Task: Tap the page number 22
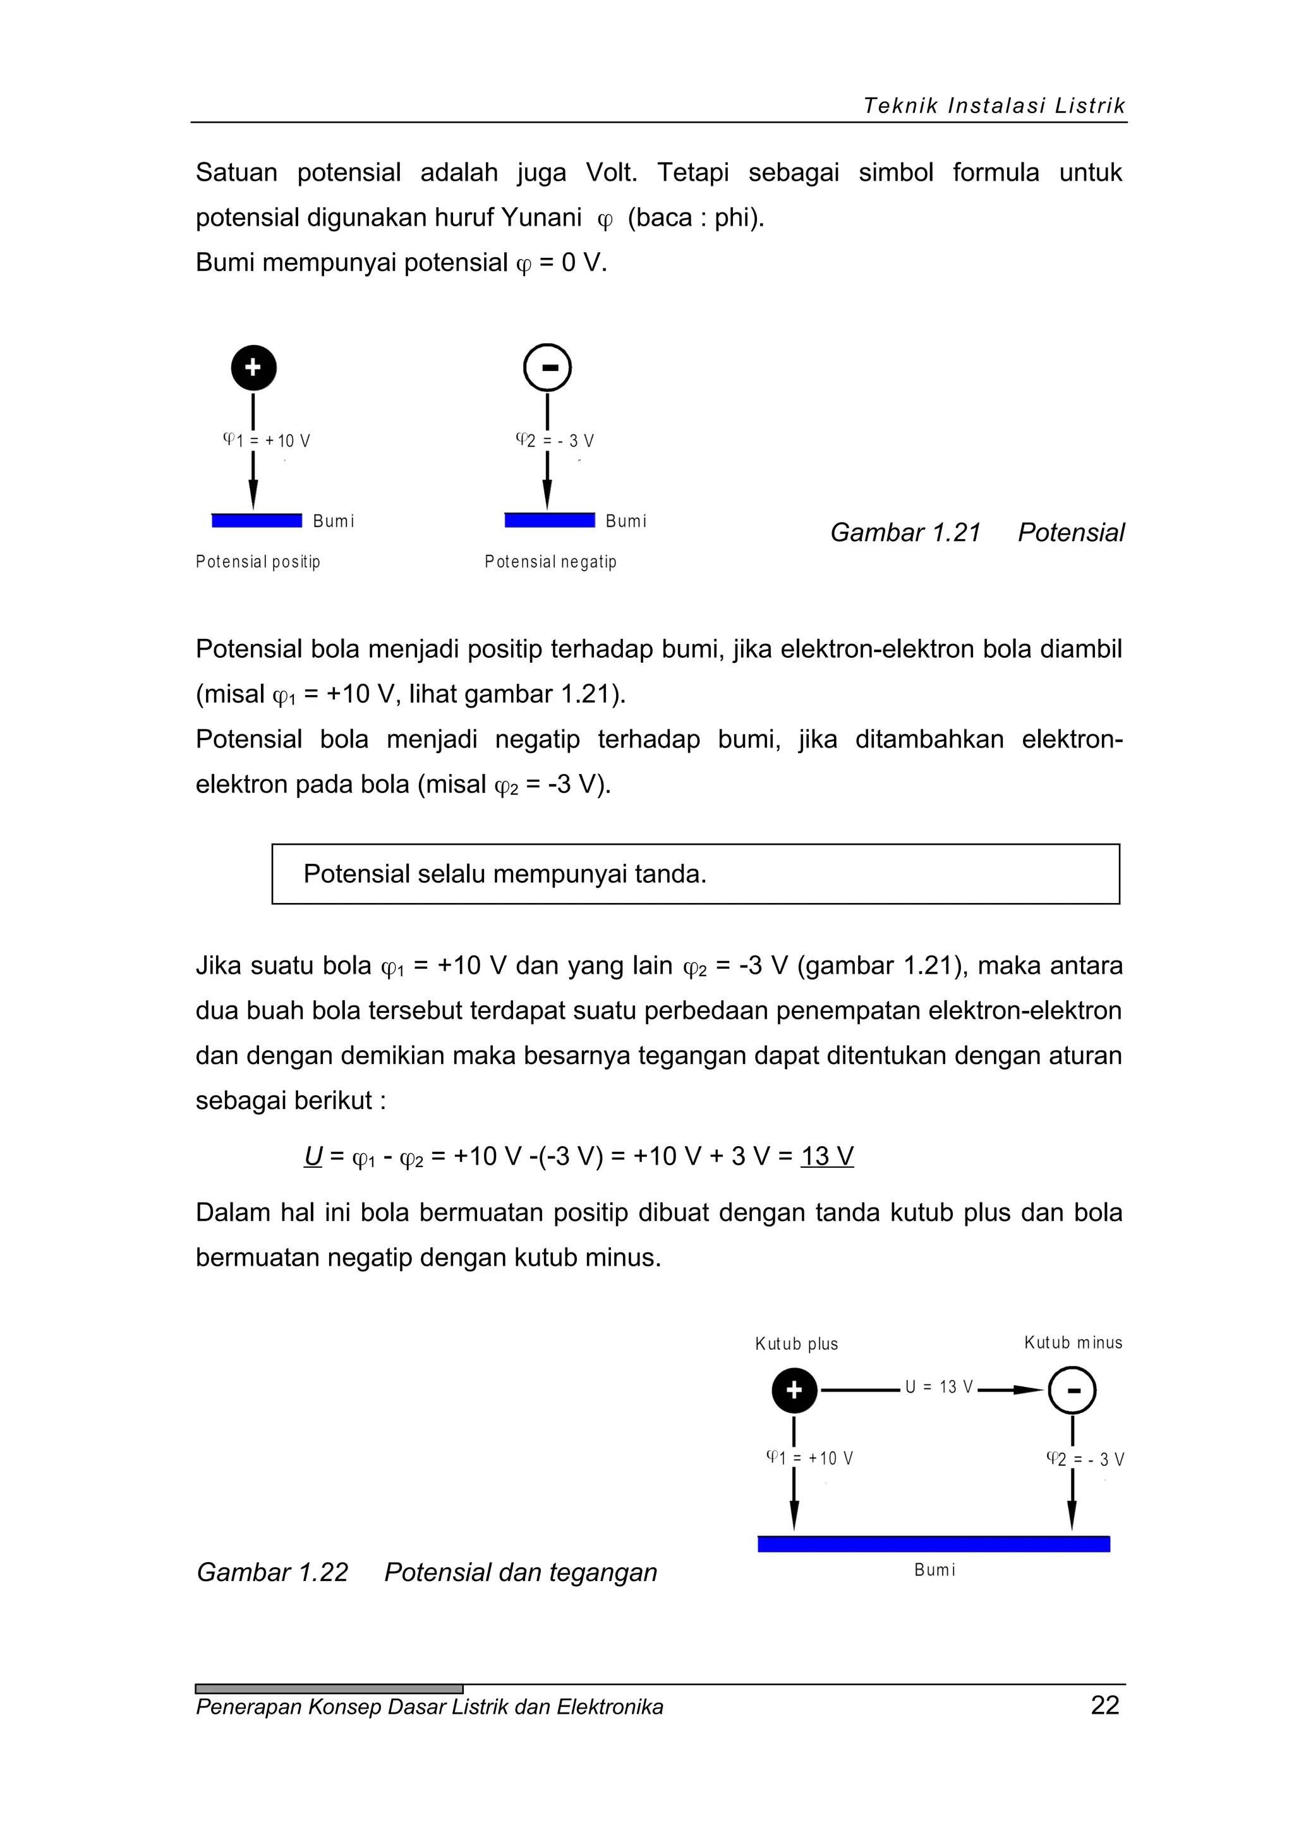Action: (1104, 1705)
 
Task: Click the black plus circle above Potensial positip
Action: (253, 367)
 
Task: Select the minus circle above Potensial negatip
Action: (547, 367)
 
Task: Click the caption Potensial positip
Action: (257, 562)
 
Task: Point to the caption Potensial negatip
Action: (550, 562)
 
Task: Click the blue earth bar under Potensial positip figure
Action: (257, 521)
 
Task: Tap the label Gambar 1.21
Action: (905, 533)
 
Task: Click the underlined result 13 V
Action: (827, 1156)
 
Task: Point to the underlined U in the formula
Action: (313, 1156)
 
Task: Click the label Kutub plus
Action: (796, 1344)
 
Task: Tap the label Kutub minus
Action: (1072, 1343)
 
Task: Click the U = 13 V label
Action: (939, 1388)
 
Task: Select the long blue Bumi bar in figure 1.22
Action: (933, 1544)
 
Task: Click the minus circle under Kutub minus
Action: (1072, 1390)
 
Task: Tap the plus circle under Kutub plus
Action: (794, 1390)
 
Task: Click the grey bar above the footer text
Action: (329, 1688)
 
